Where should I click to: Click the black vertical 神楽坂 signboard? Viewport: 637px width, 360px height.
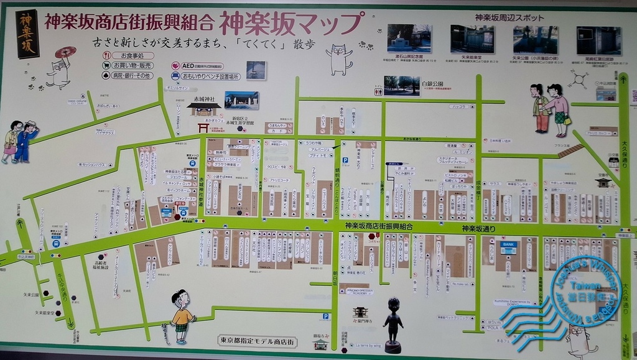27,34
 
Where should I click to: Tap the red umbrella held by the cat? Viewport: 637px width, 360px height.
65,52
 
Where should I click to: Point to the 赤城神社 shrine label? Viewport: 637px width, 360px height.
204,99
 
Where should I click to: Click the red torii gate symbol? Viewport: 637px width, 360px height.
203,127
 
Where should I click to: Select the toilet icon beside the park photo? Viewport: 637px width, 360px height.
379,91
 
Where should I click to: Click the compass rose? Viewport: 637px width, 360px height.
579,79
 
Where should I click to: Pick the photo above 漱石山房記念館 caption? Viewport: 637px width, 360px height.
409,39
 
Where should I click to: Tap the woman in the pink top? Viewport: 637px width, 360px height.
559,109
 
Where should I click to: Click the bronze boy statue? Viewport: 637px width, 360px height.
393,323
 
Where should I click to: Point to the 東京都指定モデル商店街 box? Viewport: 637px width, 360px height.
258,341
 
